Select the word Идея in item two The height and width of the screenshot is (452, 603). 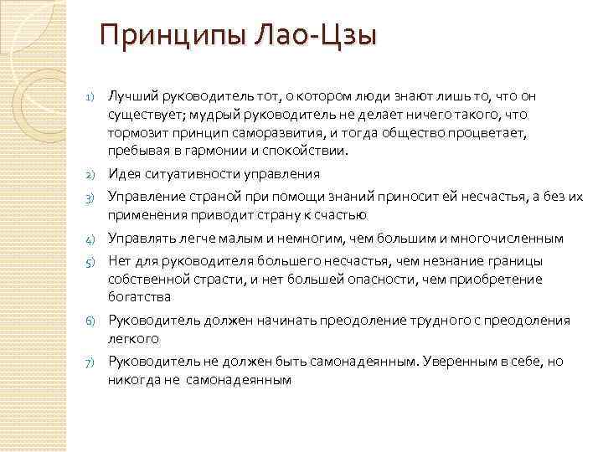[x=123, y=174]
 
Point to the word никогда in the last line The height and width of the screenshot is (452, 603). [x=130, y=379]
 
